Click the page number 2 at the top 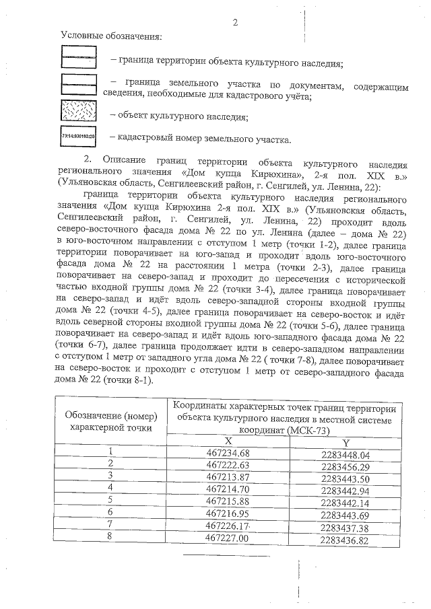pyautogui.click(x=235, y=22)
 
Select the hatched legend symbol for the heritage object pyautogui.click(x=79, y=112)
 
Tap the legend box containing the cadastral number pyautogui.click(x=79, y=139)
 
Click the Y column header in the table pyautogui.click(x=345, y=441)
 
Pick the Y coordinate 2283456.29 pyautogui.click(x=345, y=466)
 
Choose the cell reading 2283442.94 pyautogui.click(x=345, y=490)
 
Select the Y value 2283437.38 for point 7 pyautogui.click(x=345, y=527)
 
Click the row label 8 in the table pyautogui.click(x=110, y=539)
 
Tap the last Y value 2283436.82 pyautogui.click(x=345, y=539)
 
